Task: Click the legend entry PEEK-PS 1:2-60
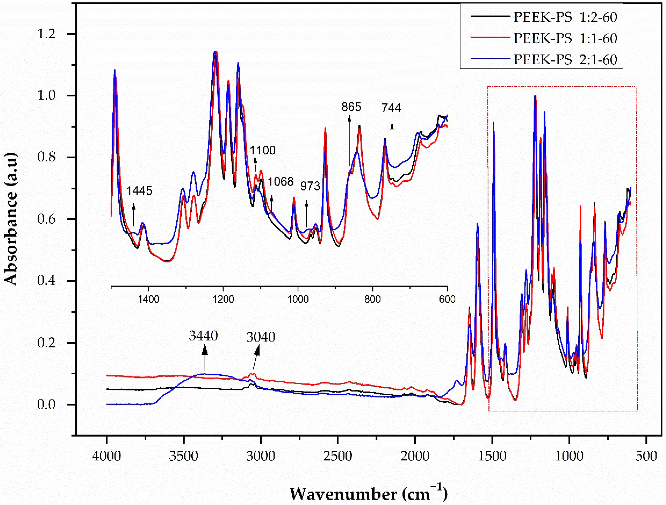coord(565,17)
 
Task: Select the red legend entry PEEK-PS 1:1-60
coord(565,38)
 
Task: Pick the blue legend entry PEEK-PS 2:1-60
coord(565,59)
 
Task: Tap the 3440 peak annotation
coord(203,335)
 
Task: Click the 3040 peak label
coord(261,337)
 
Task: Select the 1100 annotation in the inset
coord(263,150)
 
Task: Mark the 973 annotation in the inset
coord(310,186)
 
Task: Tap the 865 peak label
coord(351,107)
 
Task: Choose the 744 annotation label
coord(391,108)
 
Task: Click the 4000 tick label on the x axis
coord(107,456)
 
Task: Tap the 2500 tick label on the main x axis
coord(338,456)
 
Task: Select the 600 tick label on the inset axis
coord(447,299)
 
